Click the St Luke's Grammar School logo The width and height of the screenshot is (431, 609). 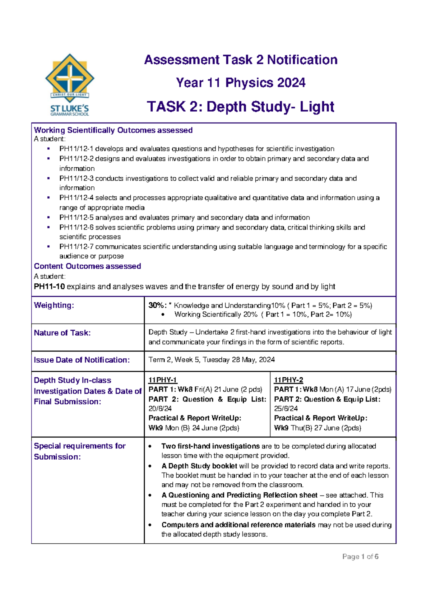pyautogui.click(x=70, y=85)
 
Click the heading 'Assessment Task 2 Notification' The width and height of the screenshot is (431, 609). pyautogui.click(x=241, y=60)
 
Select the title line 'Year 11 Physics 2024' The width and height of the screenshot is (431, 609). pyautogui.click(x=241, y=83)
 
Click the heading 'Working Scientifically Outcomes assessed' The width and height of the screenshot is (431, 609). pyautogui.click(x=113, y=130)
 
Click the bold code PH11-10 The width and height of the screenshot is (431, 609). pyautogui.click(x=49, y=287)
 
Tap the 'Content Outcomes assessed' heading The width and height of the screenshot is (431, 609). pyautogui.click(x=87, y=266)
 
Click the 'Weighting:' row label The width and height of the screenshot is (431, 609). pyautogui.click(x=54, y=305)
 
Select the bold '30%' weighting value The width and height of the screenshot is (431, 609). pyautogui.click(x=156, y=306)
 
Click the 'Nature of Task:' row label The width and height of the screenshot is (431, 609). pyautogui.click(x=62, y=333)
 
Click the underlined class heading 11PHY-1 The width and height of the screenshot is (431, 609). pyautogui.click(x=162, y=380)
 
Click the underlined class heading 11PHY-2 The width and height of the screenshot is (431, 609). pyautogui.click(x=288, y=380)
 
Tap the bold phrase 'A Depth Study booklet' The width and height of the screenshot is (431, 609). pyautogui.click(x=199, y=466)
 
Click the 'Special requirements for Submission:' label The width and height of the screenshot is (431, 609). pyautogui.click(x=79, y=451)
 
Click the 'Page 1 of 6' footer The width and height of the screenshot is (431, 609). pyautogui.click(x=360, y=557)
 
